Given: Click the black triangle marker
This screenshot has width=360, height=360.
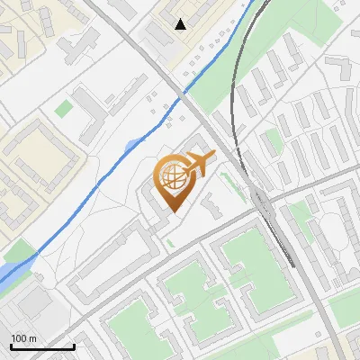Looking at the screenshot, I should click(x=182, y=24).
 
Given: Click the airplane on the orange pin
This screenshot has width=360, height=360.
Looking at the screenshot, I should click(x=200, y=164).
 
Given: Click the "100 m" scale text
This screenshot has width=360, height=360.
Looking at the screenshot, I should click(x=23, y=338).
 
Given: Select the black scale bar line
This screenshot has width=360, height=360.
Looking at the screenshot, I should click(x=42, y=346).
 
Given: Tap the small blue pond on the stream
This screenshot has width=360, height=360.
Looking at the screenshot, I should click(x=133, y=144).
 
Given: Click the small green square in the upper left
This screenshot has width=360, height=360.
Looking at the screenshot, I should click(x=63, y=108).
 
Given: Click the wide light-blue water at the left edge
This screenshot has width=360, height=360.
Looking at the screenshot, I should click(x=13, y=270).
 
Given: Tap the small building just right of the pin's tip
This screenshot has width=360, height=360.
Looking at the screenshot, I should click(x=211, y=207).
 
